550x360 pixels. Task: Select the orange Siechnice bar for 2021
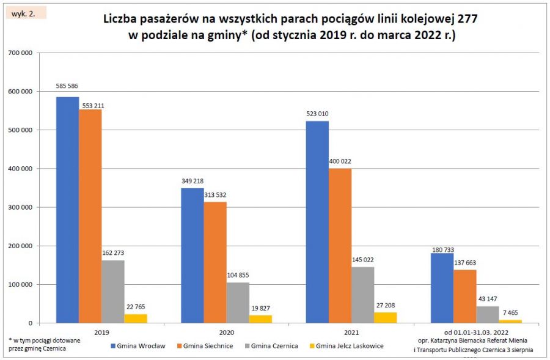point(340,245)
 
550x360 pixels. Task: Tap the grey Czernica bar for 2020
point(238,302)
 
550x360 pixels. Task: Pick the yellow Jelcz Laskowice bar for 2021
point(385,317)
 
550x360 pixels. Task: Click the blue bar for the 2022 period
point(442,287)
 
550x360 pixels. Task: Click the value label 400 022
point(340,161)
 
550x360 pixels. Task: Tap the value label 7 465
point(510,313)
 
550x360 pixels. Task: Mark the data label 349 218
point(192,182)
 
